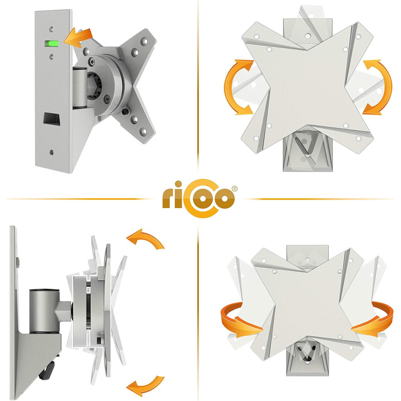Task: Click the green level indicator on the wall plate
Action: coord(52,44)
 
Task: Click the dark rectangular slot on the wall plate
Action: coord(52,119)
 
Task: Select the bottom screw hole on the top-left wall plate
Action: coord(52,152)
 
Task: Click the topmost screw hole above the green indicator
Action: coord(52,29)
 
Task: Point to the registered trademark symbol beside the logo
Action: coord(234,188)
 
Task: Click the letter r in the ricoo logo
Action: coord(168,198)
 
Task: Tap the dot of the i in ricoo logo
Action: coord(178,184)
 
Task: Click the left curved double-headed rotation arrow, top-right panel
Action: coord(237,87)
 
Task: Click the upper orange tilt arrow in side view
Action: coord(146,238)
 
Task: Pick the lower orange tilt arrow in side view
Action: coord(146,386)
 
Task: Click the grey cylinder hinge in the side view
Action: coord(45,311)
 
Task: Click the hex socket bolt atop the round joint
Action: coord(92,61)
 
